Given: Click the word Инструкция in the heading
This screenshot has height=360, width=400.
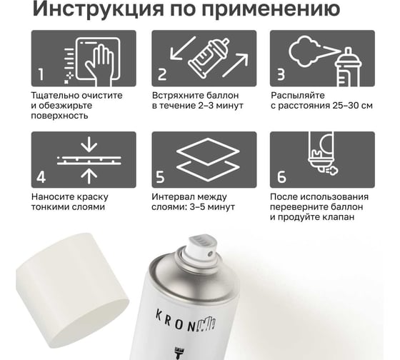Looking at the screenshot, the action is point(98,9).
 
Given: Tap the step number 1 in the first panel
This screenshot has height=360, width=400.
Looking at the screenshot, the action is point(41,75).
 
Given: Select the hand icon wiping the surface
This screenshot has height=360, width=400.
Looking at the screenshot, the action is point(99,64).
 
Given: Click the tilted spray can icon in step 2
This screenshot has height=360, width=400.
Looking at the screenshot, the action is point(209,58).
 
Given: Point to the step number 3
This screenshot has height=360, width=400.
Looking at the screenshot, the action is point(281,75).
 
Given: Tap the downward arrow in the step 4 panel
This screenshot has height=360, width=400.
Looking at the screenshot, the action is point(89,145).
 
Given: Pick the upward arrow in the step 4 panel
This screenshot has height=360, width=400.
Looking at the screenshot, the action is point(89,176).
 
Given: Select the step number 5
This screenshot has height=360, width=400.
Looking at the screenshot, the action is point(160,176).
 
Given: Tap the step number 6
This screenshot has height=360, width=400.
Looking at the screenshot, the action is point(281,176).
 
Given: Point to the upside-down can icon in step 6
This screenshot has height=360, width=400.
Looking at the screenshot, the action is point(321,153).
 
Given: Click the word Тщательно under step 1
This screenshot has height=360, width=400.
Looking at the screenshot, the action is point(54,96).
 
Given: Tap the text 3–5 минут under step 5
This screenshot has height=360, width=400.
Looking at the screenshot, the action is point(212,206).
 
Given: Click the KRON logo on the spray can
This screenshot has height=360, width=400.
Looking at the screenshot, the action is point(186,321).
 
